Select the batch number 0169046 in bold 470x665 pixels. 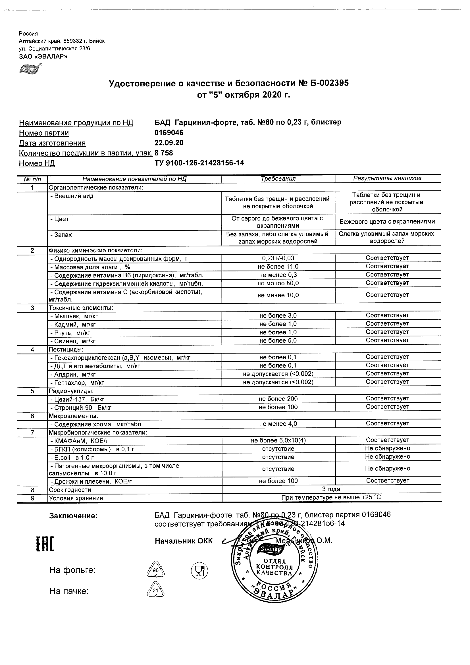169,133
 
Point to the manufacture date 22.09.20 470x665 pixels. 169,143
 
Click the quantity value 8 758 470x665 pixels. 164,153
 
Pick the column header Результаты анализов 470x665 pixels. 387,178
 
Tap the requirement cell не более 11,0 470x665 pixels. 278,267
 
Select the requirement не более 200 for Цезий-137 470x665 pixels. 278,399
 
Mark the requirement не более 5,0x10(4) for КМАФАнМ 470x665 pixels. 278,440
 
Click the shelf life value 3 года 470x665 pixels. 331,489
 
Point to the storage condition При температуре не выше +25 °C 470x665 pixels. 331,498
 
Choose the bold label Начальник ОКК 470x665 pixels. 184,541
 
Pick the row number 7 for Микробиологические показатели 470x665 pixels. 32,433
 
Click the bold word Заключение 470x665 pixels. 73,516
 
